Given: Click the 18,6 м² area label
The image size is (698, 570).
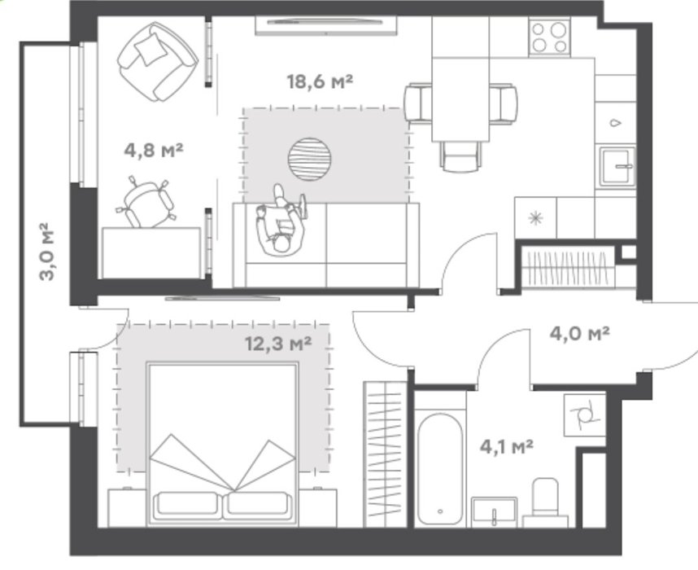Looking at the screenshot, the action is [x=320, y=81].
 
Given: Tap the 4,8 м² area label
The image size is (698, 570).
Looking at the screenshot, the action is [x=154, y=150].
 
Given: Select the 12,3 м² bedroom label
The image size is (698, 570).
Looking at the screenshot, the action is [x=278, y=343].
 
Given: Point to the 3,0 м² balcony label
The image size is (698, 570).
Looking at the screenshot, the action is [x=46, y=252].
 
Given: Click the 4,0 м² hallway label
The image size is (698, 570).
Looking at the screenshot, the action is [x=579, y=333].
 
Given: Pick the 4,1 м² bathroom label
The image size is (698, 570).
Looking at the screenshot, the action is [x=507, y=446].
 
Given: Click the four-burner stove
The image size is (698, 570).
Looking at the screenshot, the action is [x=550, y=37].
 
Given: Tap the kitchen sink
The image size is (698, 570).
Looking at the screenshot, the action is [x=617, y=167].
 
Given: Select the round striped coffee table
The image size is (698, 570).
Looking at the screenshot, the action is [x=310, y=159].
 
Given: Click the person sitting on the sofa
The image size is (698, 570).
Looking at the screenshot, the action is [x=280, y=221].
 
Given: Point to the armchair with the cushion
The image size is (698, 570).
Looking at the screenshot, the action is [x=158, y=62].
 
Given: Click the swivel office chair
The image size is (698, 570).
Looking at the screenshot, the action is [x=146, y=202].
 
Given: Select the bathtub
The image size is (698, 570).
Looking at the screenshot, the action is [x=440, y=469].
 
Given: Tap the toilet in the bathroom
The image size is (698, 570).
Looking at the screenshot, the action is [x=545, y=502].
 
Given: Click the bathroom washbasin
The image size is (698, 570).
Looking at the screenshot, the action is [x=494, y=512].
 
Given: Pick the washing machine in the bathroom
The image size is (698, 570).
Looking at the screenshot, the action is [x=584, y=415].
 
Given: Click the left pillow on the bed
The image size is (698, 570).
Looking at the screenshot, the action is [x=187, y=506].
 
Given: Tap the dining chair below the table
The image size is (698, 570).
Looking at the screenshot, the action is [x=460, y=156].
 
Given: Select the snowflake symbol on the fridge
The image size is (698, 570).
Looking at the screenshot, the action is [x=535, y=218].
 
